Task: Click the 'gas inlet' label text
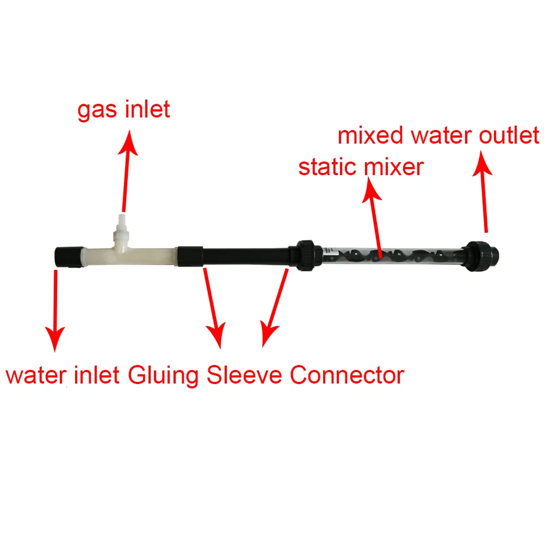[123, 110]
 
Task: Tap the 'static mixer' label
[361, 167]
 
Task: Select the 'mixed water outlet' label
[438, 135]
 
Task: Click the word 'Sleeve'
[245, 375]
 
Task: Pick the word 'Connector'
[347, 375]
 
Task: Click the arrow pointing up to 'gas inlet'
[127, 169]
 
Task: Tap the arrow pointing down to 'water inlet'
[55, 310]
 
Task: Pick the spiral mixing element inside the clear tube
[392, 254]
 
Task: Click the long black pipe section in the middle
[245, 255]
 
